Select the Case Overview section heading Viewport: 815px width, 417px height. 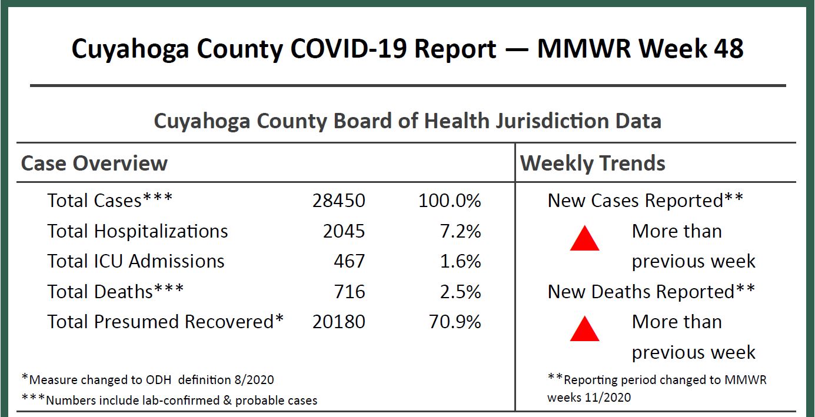94,163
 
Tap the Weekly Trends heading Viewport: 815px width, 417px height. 593,163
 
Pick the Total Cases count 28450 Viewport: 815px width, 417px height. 339,201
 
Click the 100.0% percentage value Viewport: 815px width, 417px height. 450,201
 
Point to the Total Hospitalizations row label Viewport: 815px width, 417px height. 138,231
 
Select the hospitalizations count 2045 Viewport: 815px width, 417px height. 344,231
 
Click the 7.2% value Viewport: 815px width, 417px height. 461,231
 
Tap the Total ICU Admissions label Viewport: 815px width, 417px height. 136,261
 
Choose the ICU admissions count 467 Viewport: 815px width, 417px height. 350,261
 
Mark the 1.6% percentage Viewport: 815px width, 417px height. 461,261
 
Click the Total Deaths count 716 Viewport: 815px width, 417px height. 350,292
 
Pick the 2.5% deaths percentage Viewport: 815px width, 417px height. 461,292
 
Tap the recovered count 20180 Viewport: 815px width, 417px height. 339,322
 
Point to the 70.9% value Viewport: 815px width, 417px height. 455,322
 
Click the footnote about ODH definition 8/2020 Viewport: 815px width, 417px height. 148,379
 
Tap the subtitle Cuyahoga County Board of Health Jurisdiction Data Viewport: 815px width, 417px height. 407,121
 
